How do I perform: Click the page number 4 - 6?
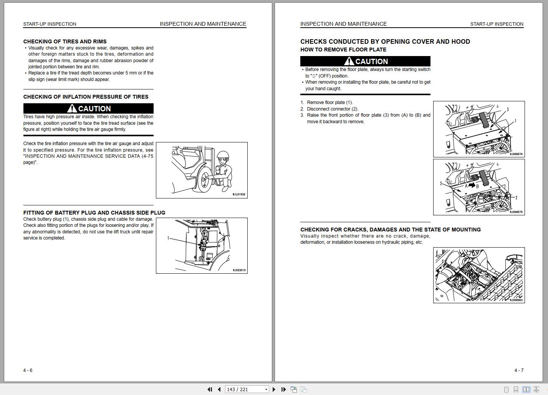pyautogui.click(x=28, y=370)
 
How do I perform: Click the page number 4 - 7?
pyautogui.click(x=519, y=370)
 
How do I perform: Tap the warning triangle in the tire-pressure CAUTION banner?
pyautogui.click(x=72, y=109)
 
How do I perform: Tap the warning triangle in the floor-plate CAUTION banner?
pyautogui.click(x=349, y=61)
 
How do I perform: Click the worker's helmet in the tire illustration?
pyautogui.click(x=223, y=155)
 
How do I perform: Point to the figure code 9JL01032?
pyautogui.click(x=239, y=195)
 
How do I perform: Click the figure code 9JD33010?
pyautogui.click(x=239, y=270)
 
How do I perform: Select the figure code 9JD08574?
pyautogui.click(x=516, y=154)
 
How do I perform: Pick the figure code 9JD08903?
pyautogui.click(x=516, y=300)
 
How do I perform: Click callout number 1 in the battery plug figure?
pyautogui.click(x=168, y=238)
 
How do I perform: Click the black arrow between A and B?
pyautogui.click(x=472, y=185)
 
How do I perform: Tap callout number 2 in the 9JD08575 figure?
pyautogui.click(x=516, y=198)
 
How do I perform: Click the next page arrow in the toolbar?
pyautogui.click(x=274, y=389)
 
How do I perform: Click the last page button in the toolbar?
pyautogui.click(x=283, y=389)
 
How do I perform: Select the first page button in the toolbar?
pyautogui.click(x=210, y=389)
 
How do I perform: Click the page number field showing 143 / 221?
pyautogui.click(x=247, y=389)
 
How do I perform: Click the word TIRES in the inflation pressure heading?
pyautogui.click(x=140, y=97)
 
